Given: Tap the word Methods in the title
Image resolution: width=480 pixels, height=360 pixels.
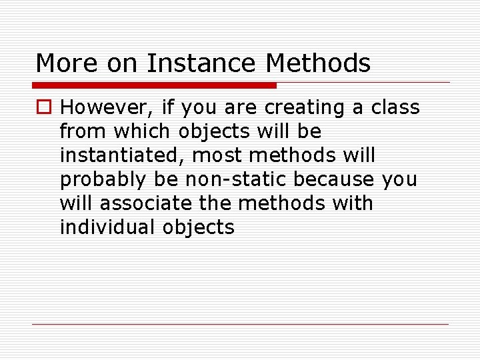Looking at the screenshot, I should point(318,63).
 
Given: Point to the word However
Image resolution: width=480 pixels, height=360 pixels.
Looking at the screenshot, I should point(106,107).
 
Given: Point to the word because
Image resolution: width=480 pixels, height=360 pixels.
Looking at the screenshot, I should point(337,179).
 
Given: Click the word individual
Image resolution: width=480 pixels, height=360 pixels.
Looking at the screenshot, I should point(108,227).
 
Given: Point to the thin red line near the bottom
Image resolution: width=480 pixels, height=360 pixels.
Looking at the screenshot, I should point(240,325).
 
